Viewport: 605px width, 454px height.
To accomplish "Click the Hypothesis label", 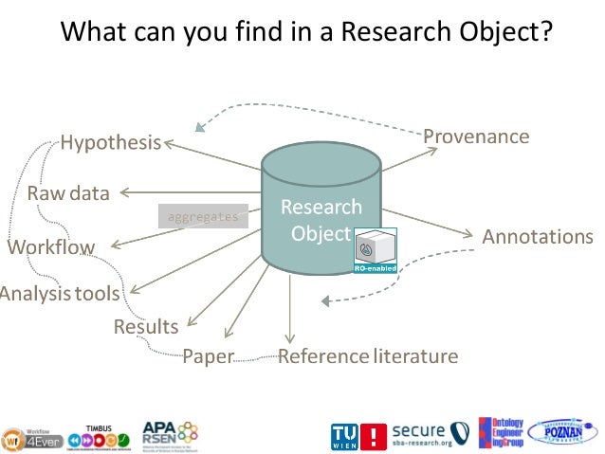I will coord(111,144).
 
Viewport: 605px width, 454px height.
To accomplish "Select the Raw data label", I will coord(68,193).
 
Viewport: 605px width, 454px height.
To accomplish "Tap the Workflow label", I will coord(51,248).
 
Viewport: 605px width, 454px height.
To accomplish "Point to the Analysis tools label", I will coord(59,294).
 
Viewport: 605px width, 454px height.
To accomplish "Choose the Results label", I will coord(146,327).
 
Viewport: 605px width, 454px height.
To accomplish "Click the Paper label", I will coord(208,357).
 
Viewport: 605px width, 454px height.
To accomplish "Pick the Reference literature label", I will coord(368,357).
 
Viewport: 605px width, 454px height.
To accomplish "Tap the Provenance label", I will coord(476,136).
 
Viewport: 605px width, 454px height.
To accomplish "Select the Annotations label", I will coord(538,237).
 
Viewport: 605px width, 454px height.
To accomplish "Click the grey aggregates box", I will coord(203,217).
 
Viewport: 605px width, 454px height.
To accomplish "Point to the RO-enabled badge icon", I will coord(375,250).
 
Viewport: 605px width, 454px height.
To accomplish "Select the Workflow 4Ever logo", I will coord(31,433).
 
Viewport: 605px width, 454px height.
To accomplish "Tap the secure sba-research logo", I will coord(431,434).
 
